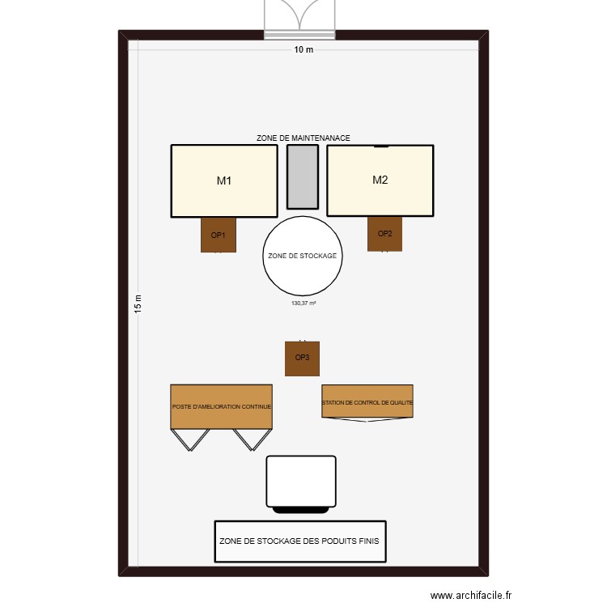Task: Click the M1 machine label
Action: click(x=224, y=181)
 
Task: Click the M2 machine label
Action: click(x=380, y=180)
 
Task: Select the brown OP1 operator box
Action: click(x=219, y=236)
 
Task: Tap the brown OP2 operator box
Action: click(x=384, y=234)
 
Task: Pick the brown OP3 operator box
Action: click(x=302, y=359)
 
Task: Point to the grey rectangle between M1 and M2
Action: click(x=303, y=177)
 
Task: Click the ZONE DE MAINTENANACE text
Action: click(x=303, y=138)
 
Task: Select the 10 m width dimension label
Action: click(x=303, y=50)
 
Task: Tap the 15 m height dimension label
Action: click(x=138, y=303)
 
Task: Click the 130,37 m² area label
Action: click(x=303, y=303)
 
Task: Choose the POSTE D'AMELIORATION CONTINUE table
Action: click(x=221, y=406)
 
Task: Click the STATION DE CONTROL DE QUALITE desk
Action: click(x=367, y=401)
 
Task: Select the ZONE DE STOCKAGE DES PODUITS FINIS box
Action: click(x=299, y=541)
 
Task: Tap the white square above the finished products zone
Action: click(x=301, y=480)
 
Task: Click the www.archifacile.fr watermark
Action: click(x=471, y=596)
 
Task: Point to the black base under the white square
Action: click(x=303, y=510)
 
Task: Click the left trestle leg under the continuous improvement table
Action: click(x=191, y=439)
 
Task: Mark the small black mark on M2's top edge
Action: click(x=380, y=146)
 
